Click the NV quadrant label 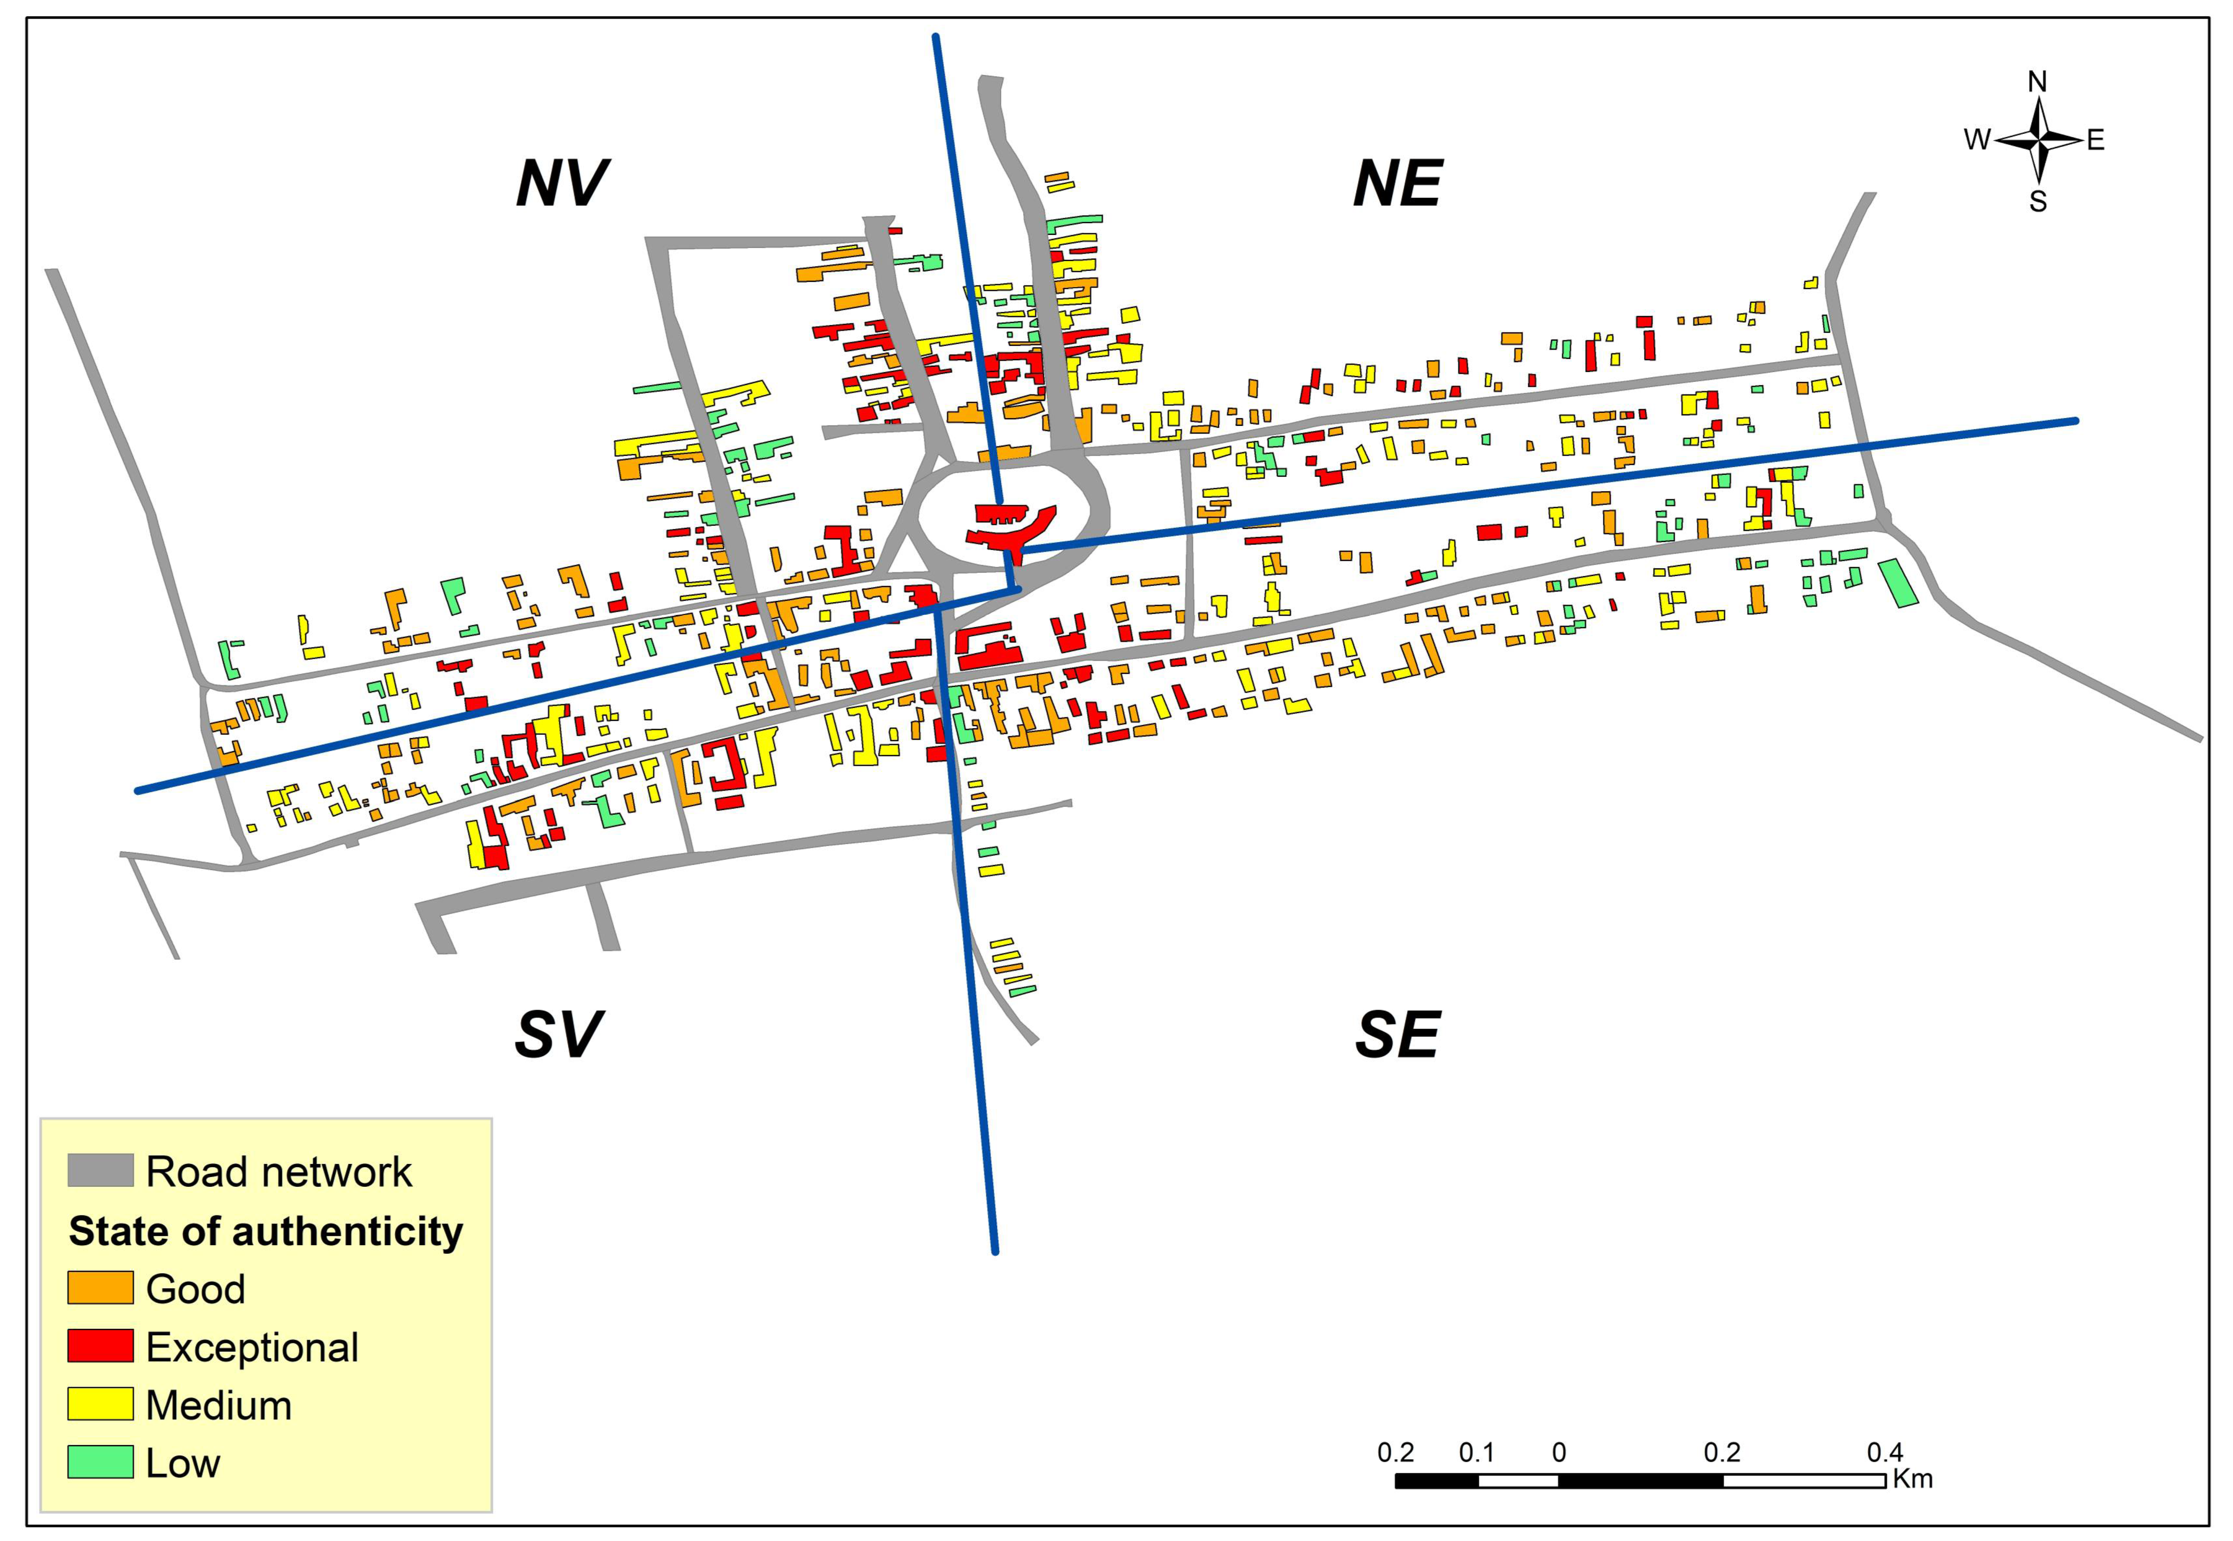point(562,184)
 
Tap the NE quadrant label point(1397,184)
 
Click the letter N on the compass point(2037,82)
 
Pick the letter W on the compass point(1976,140)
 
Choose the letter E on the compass point(2095,140)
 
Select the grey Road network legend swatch point(100,1170)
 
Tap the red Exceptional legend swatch point(100,1346)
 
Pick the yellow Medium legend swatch point(100,1404)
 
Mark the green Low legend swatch point(100,1462)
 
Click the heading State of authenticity point(266,1231)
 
